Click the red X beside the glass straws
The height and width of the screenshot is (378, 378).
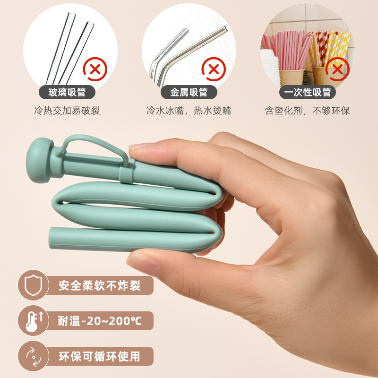coord(95,69)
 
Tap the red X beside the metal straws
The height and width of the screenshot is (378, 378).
coord(214,69)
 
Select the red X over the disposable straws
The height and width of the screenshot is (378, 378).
coord(337,69)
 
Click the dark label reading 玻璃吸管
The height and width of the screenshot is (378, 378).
coord(67,92)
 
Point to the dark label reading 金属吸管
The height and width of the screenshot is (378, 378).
coord(189,92)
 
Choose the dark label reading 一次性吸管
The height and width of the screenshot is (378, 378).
coord(308,92)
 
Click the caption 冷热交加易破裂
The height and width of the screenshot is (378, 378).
coord(67,111)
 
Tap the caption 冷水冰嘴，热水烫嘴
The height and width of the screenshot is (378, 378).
coord(189,111)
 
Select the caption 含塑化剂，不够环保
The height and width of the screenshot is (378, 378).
coord(308,111)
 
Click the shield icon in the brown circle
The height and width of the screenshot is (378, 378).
coord(33,285)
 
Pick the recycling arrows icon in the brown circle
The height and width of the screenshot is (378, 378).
coord(34,357)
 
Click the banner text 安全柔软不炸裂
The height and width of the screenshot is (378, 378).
coord(99,286)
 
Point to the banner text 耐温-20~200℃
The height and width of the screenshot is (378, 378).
coord(100,321)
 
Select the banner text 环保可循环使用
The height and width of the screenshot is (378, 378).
coord(99,357)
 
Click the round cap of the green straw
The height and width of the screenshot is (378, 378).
coord(39,160)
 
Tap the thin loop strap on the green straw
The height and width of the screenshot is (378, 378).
coord(96,145)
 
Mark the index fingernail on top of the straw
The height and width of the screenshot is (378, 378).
coord(141,145)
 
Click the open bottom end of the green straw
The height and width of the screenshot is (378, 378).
coord(51,238)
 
